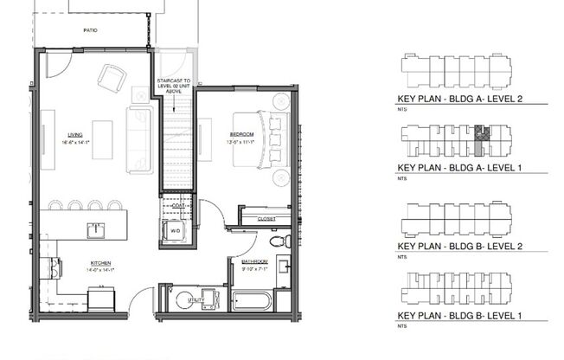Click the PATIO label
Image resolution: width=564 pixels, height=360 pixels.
point(90,30)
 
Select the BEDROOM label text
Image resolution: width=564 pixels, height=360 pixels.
point(241,134)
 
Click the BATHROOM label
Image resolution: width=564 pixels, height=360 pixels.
point(254,261)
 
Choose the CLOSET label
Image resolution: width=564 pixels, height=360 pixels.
point(267,220)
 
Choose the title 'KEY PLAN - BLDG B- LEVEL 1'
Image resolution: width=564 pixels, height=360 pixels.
point(459,316)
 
